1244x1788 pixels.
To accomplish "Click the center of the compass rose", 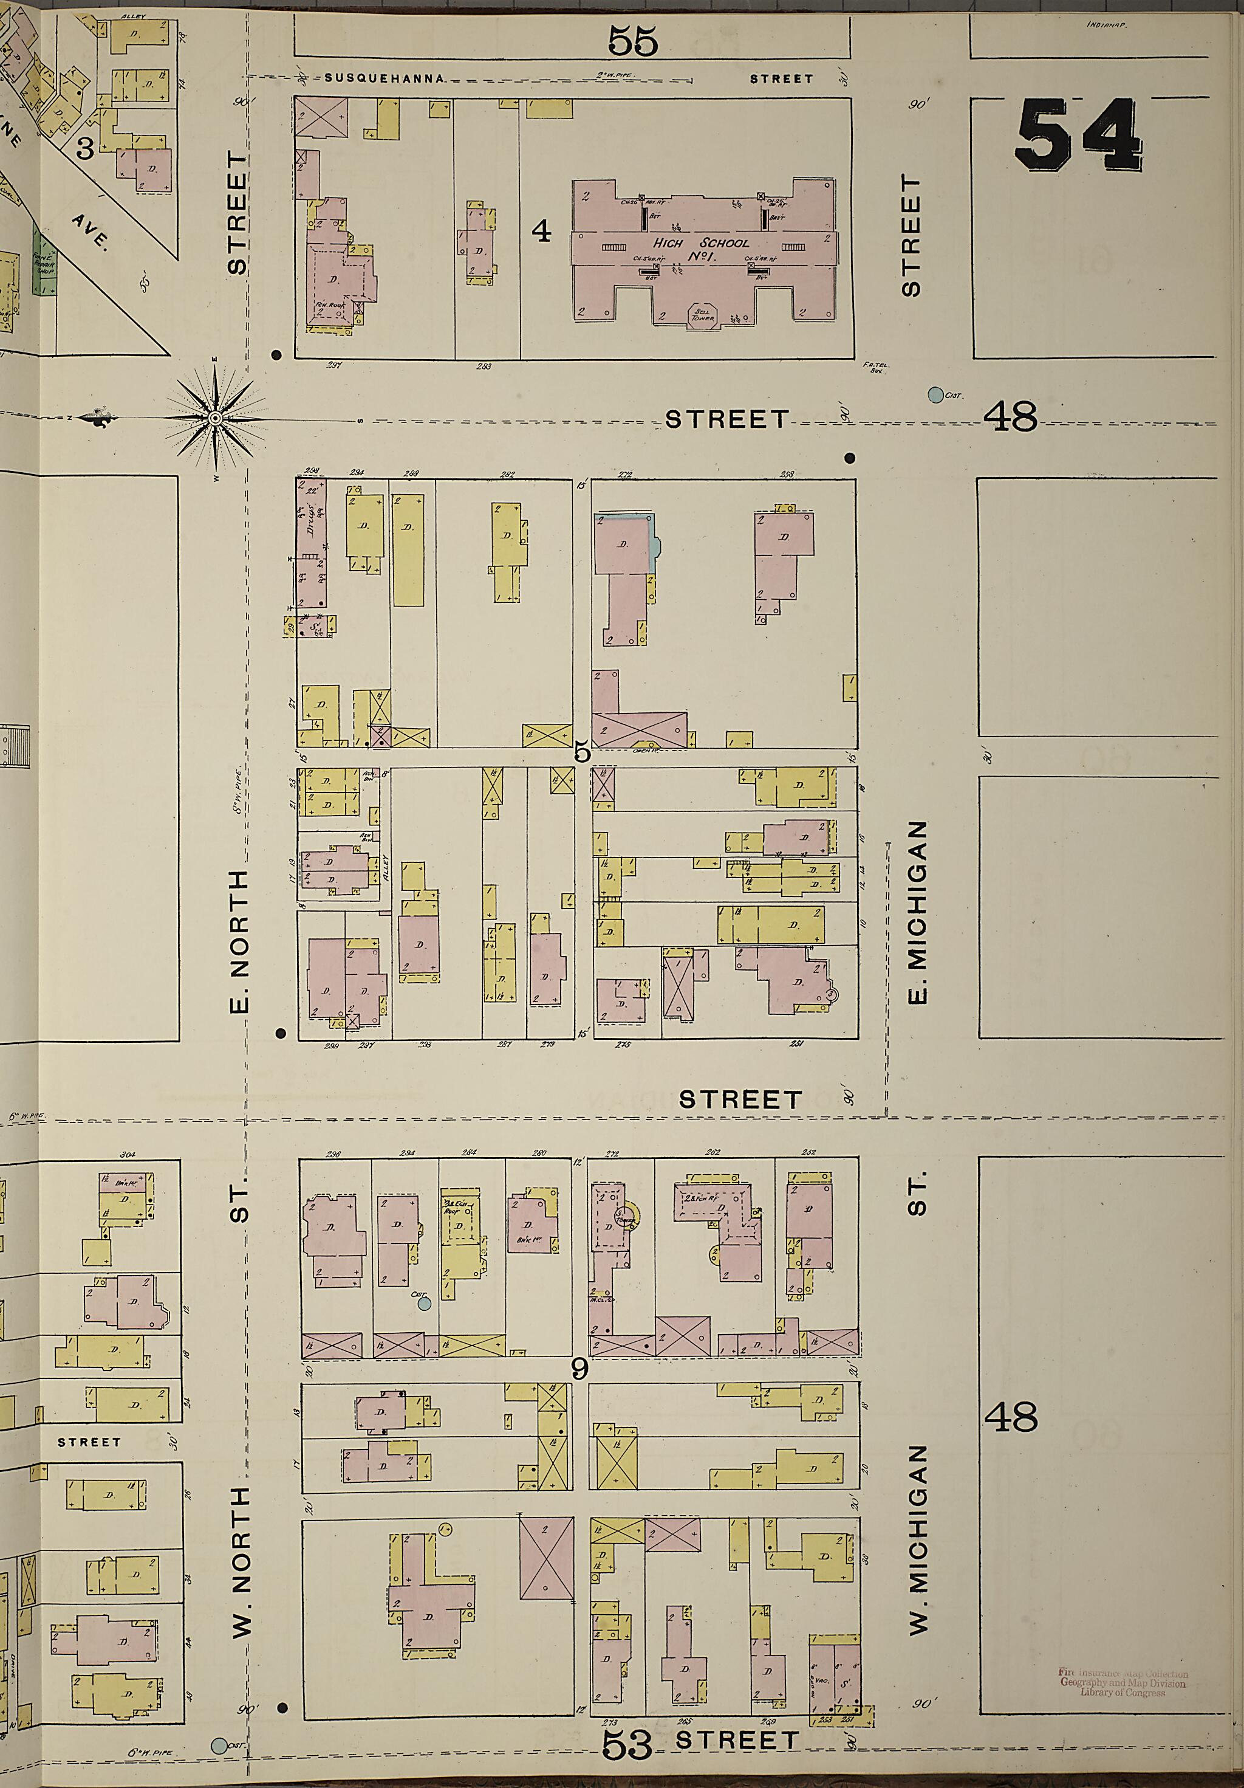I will click(216, 419).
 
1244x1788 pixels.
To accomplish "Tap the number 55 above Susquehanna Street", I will click(632, 41).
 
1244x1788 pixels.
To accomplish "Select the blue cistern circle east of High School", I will click(934, 395).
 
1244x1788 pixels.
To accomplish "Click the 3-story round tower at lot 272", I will click(629, 1215).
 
